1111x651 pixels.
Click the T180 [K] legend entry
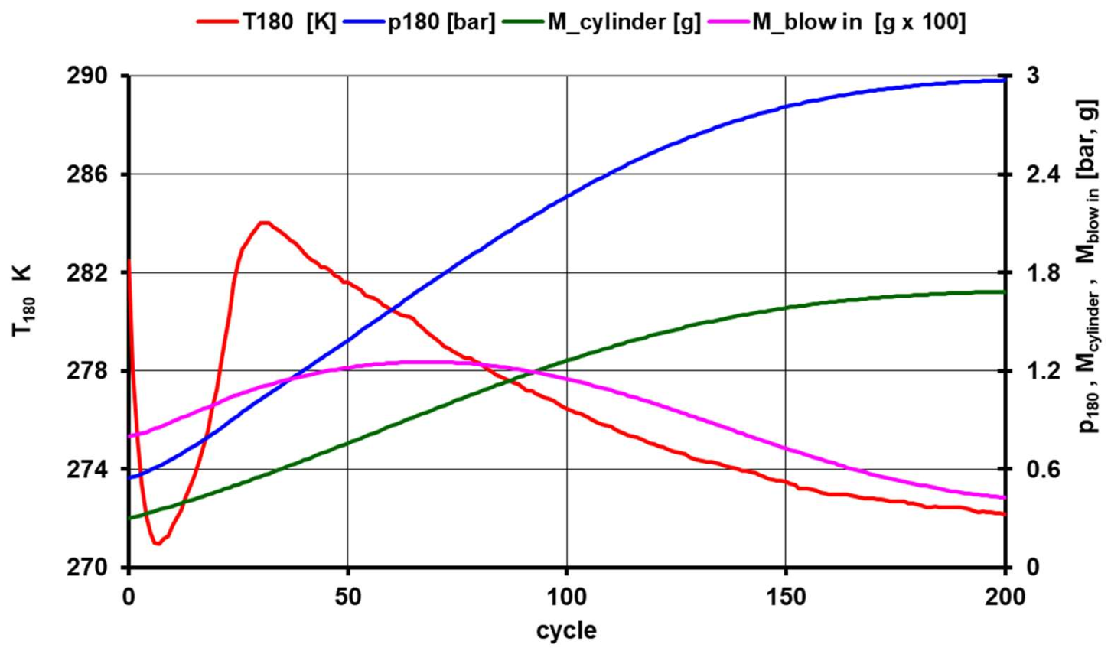pos(267,22)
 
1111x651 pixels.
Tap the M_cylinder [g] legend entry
pos(599,22)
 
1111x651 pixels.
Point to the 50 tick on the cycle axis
pos(348,597)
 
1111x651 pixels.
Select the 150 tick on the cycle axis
pos(786,597)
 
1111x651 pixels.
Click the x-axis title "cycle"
pos(566,630)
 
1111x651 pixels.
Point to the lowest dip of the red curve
pos(157,543)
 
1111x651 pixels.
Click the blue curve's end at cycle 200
pos(1004,80)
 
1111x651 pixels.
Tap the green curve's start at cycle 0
pos(130,518)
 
